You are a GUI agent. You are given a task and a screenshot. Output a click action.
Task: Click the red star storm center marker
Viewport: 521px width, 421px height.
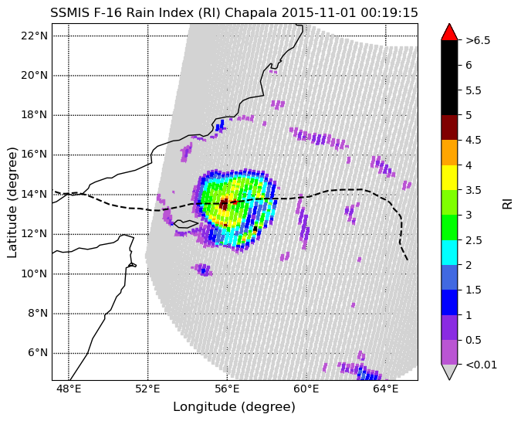point(235,202)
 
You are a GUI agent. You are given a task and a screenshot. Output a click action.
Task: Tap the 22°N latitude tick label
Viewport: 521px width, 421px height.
point(34,36)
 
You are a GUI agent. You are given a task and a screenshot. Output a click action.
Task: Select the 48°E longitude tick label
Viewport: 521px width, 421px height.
point(69,389)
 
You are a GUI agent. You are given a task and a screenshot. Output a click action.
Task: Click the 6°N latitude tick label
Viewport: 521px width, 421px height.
point(37,353)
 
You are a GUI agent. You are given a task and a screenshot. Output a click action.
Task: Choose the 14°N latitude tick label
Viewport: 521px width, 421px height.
point(34,194)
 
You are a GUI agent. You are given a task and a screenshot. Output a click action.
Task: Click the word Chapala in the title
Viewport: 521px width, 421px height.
point(251,13)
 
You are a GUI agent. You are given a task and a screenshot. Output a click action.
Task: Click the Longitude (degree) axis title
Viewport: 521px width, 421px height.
point(234,406)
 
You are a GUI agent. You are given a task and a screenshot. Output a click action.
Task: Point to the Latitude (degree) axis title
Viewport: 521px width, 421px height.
point(12,202)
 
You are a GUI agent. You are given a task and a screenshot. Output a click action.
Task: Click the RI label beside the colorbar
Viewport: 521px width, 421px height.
point(507,202)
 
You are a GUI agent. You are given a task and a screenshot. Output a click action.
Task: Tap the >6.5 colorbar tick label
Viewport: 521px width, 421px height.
point(478,40)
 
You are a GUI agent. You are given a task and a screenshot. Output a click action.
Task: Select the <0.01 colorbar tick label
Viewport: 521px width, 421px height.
point(481,365)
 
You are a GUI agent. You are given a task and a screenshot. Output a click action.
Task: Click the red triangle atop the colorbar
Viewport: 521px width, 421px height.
point(449,32)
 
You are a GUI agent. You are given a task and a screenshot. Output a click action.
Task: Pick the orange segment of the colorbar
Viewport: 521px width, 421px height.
point(449,153)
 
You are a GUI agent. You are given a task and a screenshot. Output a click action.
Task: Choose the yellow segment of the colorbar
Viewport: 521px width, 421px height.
point(449,178)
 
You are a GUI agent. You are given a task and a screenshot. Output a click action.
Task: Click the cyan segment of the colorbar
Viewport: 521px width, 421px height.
point(449,253)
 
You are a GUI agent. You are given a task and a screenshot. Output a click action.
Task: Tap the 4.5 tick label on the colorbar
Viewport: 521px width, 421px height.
point(473,140)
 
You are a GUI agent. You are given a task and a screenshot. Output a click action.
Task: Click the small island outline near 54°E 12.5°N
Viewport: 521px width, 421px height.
point(186,224)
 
